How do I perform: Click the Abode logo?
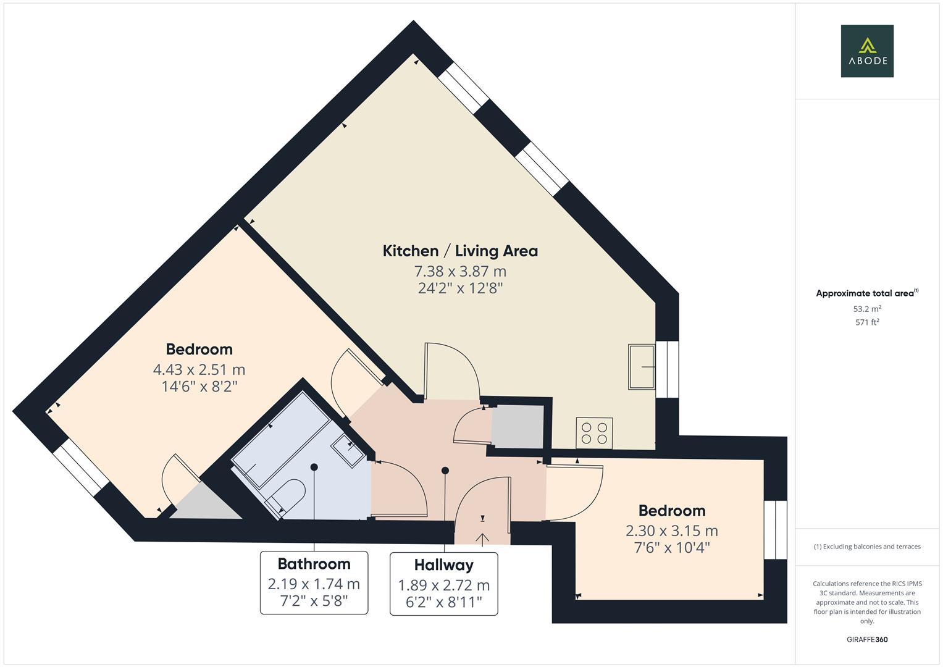click(x=866, y=51)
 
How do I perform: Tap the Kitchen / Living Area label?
click(x=460, y=251)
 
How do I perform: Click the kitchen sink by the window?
click(x=642, y=367)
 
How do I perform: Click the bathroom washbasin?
click(x=349, y=450)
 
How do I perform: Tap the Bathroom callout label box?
click(x=314, y=582)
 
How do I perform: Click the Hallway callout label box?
click(x=443, y=584)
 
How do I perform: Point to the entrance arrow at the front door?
click(x=482, y=539)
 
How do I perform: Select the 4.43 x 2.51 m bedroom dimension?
click(x=199, y=369)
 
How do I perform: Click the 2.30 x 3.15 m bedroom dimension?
click(x=671, y=531)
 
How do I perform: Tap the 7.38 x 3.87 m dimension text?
click(x=460, y=271)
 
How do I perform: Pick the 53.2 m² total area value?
click(x=866, y=309)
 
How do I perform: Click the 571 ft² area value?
click(x=866, y=322)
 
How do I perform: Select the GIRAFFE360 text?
click(x=866, y=639)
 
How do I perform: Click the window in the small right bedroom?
click(x=775, y=529)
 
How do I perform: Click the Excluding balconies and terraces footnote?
click(x=866, y=547)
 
